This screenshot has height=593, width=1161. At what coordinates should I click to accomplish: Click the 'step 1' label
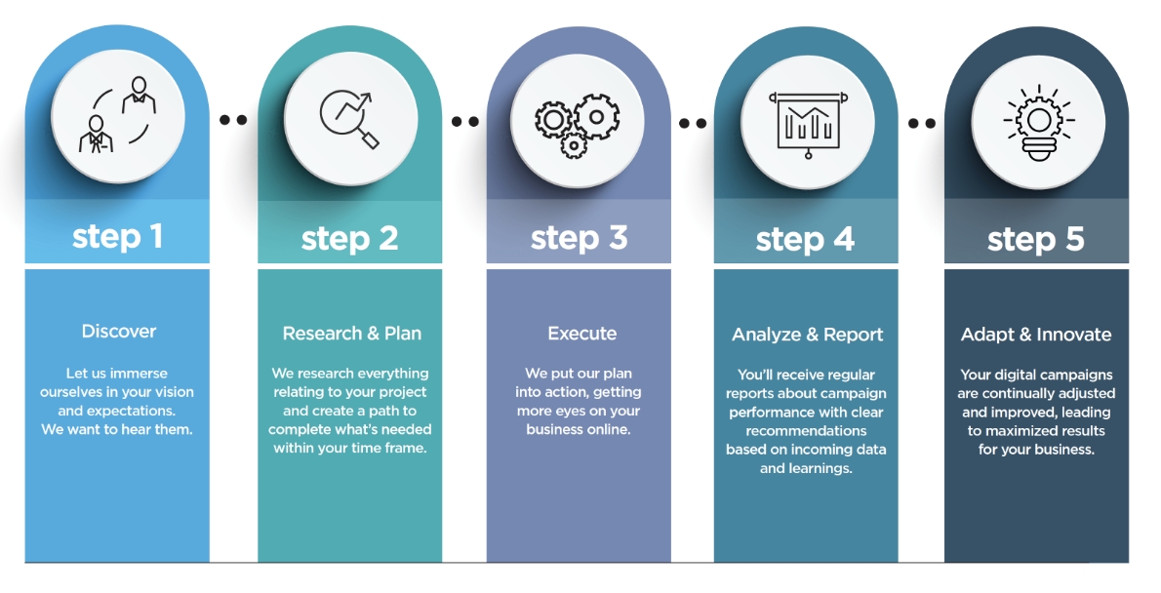(x=117, y=236)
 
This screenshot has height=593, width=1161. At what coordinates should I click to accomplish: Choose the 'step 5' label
(x=1035, y=239)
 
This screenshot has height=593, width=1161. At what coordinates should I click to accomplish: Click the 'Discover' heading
(x=118, y=332)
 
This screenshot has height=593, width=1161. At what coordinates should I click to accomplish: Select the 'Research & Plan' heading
(x=351, y=334)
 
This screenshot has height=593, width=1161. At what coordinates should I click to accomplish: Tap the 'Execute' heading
(x=581, y=334)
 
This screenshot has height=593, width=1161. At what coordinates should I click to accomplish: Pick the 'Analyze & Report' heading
(x=807, y=335)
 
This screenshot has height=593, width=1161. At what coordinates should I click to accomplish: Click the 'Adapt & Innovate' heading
(x=1036, y=335)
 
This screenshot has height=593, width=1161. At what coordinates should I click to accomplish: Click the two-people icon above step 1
(x=117, y=115)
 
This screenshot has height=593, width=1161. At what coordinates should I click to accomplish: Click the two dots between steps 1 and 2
(x=233, y=120)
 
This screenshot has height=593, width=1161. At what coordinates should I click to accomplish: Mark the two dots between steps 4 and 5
(x=921, y=123)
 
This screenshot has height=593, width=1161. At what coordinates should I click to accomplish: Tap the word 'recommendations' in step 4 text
(x=806, y=430)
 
